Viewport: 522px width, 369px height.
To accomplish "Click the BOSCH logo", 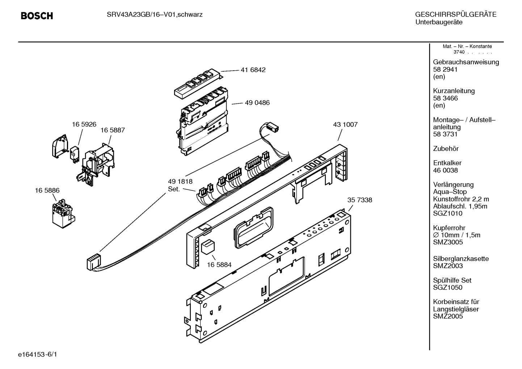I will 37,16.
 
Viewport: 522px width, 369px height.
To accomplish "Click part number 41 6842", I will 253,70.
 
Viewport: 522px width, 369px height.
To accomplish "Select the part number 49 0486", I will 257,103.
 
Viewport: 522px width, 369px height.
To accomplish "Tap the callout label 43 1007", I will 345,125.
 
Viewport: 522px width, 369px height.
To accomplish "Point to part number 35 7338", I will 359,200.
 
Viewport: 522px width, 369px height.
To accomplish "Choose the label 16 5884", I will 219,265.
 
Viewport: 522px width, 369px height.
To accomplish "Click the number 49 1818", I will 180,181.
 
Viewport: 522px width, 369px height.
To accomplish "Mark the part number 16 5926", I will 84,124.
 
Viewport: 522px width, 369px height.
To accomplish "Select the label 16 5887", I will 113,130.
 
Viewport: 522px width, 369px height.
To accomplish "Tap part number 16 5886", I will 47,190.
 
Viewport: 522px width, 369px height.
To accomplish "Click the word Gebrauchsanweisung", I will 466,62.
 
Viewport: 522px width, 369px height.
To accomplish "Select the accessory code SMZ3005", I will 448,242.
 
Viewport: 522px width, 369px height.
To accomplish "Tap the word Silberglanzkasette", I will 461,259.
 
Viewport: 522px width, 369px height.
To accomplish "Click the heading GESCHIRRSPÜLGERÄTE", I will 455,15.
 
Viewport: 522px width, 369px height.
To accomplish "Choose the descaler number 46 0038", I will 445,170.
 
